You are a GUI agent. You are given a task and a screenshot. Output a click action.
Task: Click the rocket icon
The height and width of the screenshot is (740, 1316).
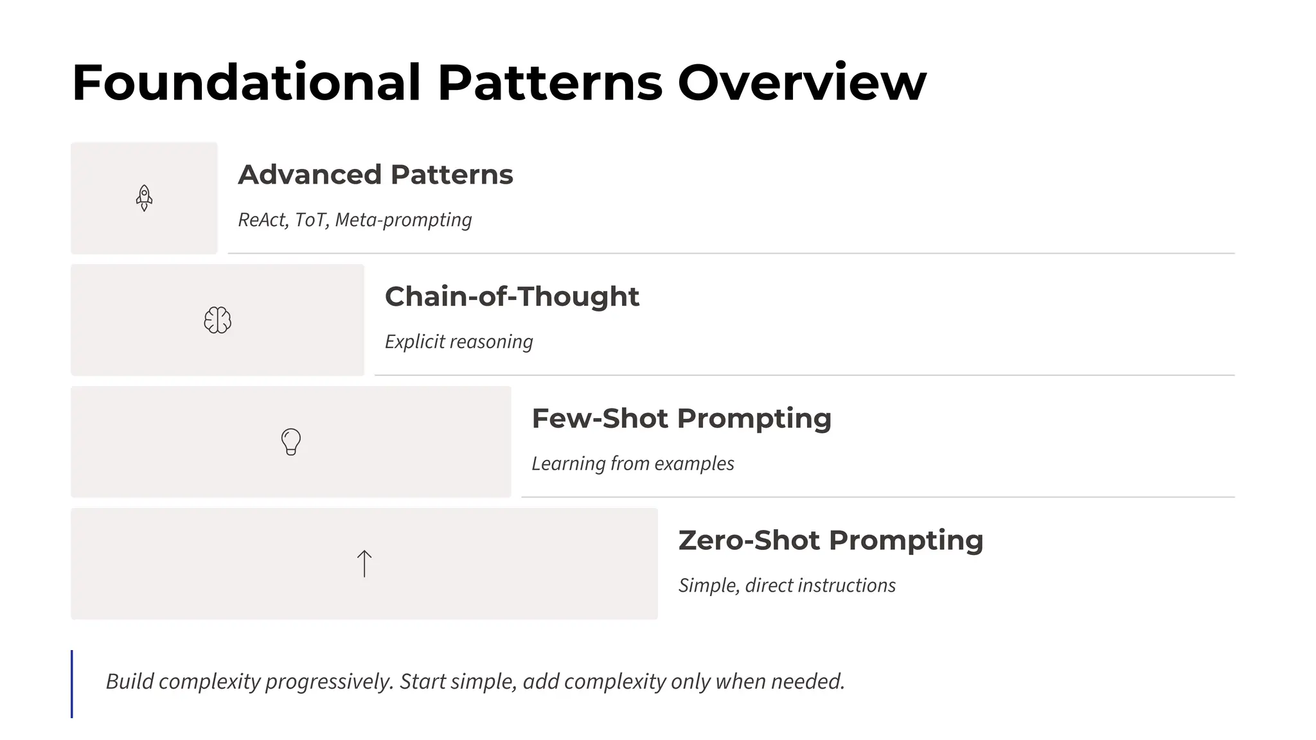(144, 198)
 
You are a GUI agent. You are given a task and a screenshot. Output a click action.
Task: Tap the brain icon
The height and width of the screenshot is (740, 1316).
(217, 320)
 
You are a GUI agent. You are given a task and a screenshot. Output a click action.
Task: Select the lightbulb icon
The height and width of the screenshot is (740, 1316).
(291, 442)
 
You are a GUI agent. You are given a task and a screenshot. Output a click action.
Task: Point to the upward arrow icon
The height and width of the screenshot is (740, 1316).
(364, 563)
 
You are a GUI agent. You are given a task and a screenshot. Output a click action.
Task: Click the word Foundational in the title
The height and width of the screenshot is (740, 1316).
(246, 83)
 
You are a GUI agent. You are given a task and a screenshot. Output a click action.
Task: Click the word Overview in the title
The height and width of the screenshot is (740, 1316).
(802, 83)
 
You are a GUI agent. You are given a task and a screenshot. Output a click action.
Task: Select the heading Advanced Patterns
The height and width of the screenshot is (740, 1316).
(375, 175)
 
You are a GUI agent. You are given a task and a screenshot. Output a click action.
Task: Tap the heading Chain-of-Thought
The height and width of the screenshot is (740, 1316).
(511, 297)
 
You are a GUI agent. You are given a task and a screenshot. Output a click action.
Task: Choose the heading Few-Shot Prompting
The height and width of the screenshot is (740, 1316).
(681, 419)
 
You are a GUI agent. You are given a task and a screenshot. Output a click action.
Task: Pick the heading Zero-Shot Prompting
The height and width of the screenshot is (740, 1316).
(830, 540)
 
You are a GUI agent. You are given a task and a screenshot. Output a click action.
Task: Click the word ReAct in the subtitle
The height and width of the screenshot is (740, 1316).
(263, 220)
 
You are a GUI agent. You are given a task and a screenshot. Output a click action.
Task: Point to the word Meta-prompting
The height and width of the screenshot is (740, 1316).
(404, 220)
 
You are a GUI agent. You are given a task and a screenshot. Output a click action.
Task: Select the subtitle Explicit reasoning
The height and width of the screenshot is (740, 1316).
(459, 342)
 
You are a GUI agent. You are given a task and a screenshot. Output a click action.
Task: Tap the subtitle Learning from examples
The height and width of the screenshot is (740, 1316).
(632, 464)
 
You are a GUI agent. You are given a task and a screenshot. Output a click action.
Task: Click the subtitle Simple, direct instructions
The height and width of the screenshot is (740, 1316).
(787, 585)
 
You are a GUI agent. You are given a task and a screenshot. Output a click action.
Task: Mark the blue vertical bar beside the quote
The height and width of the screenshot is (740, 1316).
(72, 683)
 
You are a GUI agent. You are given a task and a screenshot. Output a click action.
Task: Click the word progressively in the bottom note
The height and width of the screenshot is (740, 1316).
(329, 682)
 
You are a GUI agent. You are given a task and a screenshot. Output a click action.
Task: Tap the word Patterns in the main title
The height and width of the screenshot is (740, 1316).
(550, 83)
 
